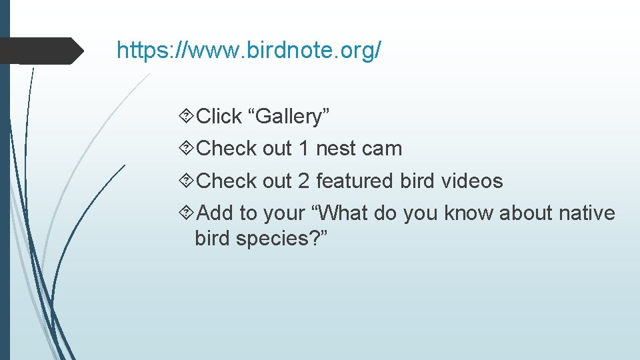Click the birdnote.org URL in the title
point(249,50)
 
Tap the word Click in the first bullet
point(220,117)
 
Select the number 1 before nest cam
point(304,149)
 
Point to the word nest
point(335,149)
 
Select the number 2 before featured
point(304,181)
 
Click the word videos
point(470,181)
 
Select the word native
point(587,213)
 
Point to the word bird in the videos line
point(417,181)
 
